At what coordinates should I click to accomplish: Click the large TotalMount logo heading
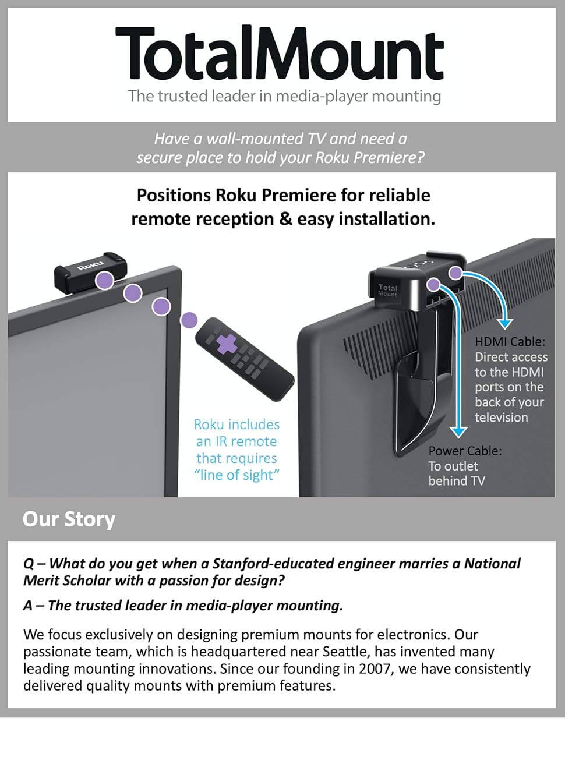coord(280,54)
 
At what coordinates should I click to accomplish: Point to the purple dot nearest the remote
coord(189,320)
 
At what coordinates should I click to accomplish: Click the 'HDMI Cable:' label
coord(510,342)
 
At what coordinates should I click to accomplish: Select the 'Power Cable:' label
coord(465,451)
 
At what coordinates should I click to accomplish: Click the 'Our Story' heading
coord(69,519)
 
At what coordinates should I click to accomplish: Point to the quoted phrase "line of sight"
coord(236,475)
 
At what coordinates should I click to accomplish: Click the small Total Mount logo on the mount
coord(387,289)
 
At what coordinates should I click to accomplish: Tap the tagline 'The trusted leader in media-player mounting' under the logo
coord(284,96)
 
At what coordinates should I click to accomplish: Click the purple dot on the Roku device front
coord(105,280)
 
